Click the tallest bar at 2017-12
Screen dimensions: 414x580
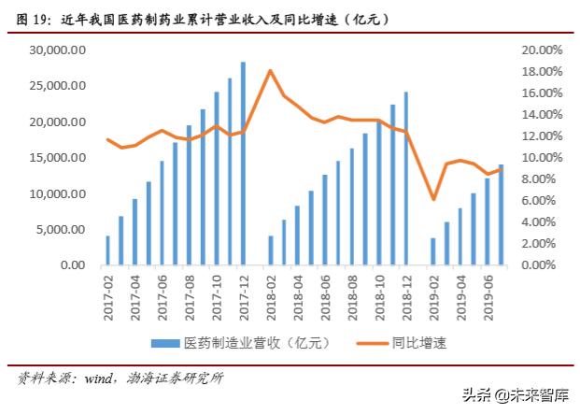[243, 164]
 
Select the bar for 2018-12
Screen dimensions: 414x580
[405, 178]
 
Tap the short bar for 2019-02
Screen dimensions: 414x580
[432, 251]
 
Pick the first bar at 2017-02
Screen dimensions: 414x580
[107, 250]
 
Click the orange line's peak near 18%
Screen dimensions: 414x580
[270, 71]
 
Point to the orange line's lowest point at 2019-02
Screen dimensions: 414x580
[432, 199]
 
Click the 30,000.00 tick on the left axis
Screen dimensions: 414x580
[59, 50]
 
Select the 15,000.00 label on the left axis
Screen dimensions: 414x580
[59, 158]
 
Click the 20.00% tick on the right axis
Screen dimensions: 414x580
[541, 50]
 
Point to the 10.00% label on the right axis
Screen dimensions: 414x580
[541, 158]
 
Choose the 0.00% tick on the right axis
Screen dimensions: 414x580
[544, 265]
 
